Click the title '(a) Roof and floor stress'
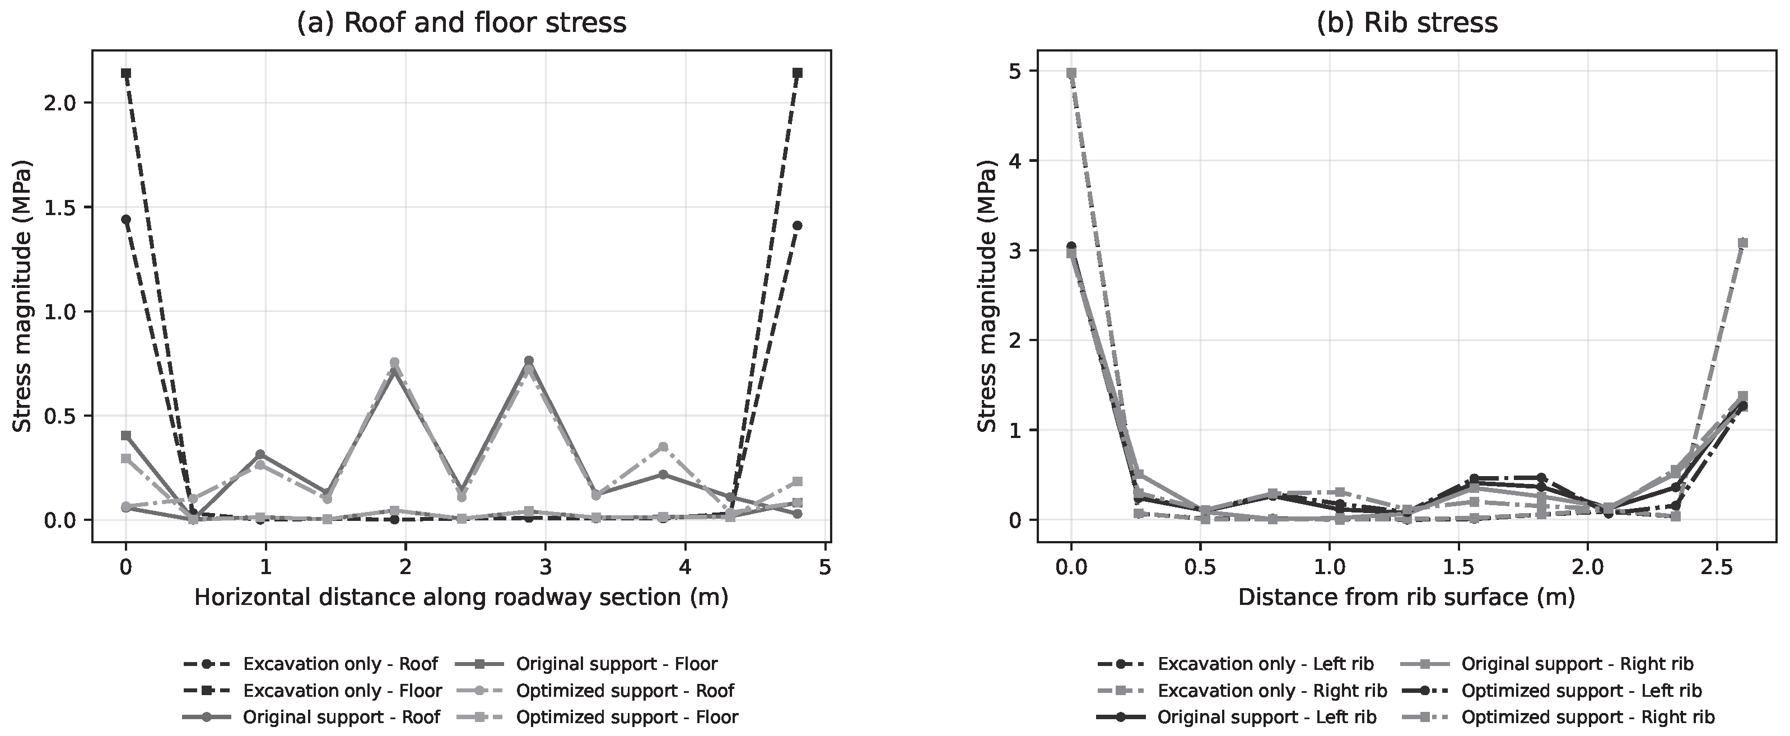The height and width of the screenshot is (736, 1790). tap(462, 23)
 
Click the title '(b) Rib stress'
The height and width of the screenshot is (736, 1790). tap(1406, 23)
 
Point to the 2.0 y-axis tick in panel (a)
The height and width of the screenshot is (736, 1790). tap(64, 103)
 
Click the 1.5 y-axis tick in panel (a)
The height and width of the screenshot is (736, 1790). tap(64, 207)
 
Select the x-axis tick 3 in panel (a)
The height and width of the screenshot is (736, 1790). tap(546, 567)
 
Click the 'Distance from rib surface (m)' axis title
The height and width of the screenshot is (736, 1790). tap(1406, 598)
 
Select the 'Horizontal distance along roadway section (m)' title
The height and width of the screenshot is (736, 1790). tap(462, 598)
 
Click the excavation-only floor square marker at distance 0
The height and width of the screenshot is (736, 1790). tap(126, 73)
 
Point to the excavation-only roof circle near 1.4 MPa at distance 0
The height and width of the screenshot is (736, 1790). tap(126, 220)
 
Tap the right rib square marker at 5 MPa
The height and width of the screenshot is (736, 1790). tap(1071, 73)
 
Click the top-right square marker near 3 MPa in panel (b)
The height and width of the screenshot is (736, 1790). tap(1742, 243)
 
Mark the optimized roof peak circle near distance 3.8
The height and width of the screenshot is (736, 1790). tap(663, 447)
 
